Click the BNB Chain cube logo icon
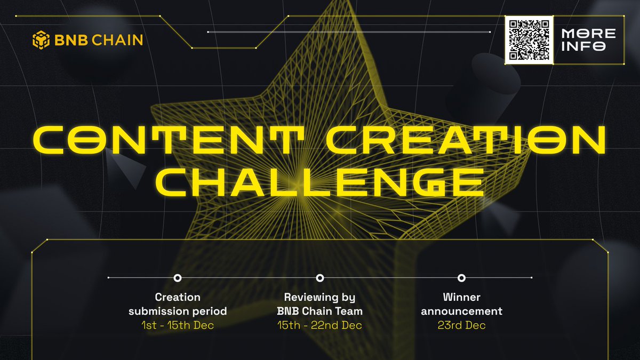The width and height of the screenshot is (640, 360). [x=41, y=40]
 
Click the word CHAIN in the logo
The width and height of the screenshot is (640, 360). [x=117, y=40]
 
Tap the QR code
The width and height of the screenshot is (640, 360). [x=529, y=40]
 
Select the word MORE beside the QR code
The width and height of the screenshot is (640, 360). [x=589, y=34]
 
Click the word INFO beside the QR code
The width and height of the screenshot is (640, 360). [x=583, y=46]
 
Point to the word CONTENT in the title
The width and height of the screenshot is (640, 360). [x=168, y=140]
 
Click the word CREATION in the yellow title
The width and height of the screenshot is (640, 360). [x=466, y=140]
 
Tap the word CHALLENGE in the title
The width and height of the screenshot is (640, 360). [x=319, y=182]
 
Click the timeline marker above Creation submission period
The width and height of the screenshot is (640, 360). [x=178, y=278]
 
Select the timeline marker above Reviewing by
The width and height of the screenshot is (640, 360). [x=320, y=278]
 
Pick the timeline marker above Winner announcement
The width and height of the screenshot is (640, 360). [x=461, y=278]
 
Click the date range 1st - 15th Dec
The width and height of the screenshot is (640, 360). [x=178, y=325]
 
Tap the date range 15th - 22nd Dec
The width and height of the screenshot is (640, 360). [x=319, y=325]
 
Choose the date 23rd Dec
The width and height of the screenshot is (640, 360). [x=461, y=325]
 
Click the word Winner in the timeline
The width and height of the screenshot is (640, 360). [x=461, y=297]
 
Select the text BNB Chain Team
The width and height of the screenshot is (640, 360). [x=319, y=311]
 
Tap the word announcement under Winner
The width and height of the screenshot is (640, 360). [x=461, y=311]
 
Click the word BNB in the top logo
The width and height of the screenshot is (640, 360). [x=71, y=40]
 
